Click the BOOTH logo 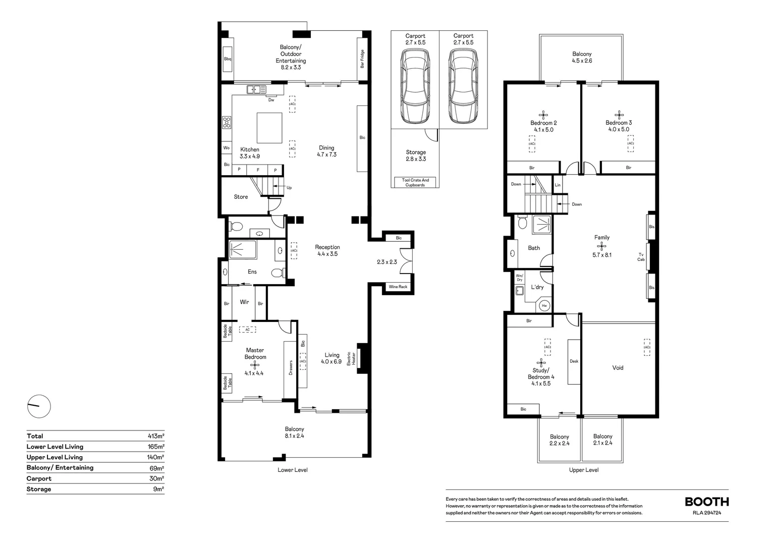(706, 502)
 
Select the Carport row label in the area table (39, 478)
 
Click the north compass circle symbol (39, 406)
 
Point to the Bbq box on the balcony (228, 59)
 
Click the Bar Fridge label (362, 59)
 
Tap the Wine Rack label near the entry (398, 287)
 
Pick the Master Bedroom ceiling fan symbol (254, 365)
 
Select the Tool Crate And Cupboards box (415, 182)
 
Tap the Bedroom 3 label (619, 123)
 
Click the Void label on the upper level (618, 367)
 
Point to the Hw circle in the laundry (544, 305)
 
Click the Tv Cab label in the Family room (641, 257)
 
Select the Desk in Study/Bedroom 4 (574, 362)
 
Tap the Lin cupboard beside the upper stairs (558, 185)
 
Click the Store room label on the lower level (241, 197)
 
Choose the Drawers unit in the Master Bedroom (290, 369)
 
